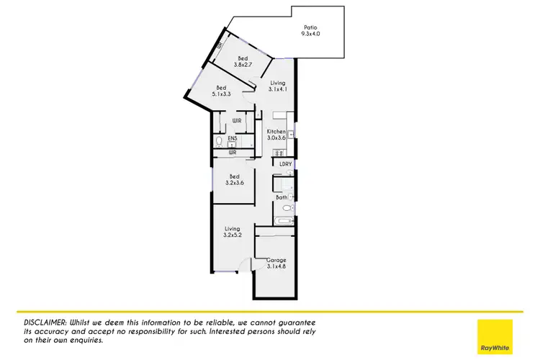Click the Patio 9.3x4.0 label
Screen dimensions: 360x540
click(311, 30)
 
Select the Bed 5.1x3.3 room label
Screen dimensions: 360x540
click(222, 91)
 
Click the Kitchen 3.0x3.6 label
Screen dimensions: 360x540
click(277, 135)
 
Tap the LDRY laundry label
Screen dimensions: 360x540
click(286, 164)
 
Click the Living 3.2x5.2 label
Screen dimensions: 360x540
click(232, 231)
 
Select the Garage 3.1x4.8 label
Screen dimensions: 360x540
click(276, 262)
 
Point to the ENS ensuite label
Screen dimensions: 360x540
click(232, 138)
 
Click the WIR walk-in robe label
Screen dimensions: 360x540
click(236, 120)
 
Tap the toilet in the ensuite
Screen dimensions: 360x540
click(219, 140)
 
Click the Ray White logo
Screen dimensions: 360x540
click(495, 336)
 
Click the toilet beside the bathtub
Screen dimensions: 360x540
click(287, 207)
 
